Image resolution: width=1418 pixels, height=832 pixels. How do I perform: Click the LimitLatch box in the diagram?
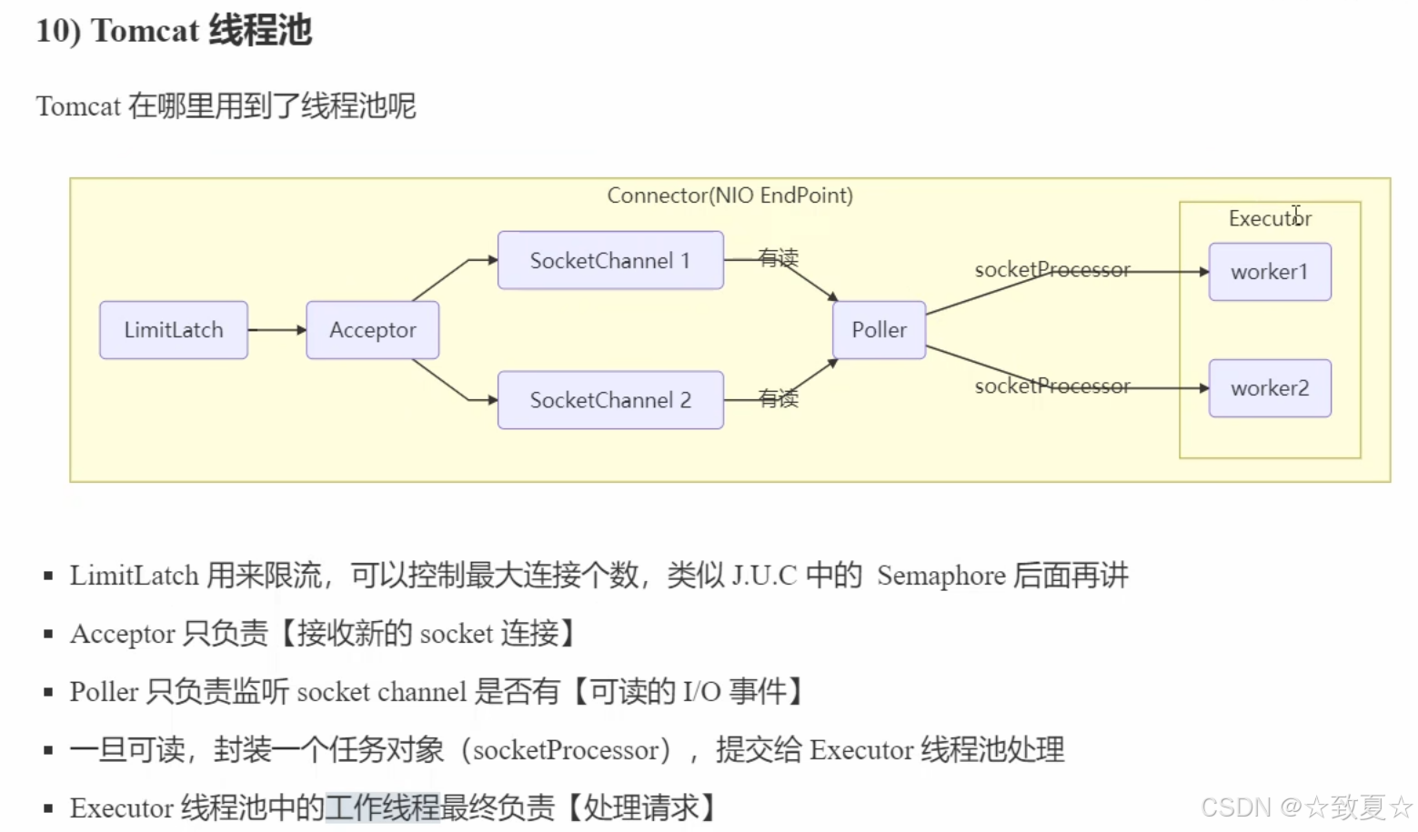pos(173,330)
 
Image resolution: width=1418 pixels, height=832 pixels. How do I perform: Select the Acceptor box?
pos(372,330)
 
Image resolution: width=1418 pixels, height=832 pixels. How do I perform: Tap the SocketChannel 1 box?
pos(610,261)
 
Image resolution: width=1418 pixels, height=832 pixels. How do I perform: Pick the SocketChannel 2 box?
pos(610,400)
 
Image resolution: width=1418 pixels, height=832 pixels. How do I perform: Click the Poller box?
pos(879,330)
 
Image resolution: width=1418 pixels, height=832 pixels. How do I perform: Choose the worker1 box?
pos(1269,272)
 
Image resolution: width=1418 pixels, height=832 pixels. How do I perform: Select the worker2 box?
pos(1269,388)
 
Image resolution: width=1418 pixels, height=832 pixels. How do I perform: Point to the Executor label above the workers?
pos(1270,218)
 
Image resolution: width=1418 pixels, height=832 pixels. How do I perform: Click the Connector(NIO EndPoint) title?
pos(729,195)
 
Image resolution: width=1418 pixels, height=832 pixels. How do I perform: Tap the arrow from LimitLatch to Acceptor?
pos(277,330)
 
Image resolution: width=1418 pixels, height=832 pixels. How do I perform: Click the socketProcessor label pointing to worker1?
pos(1052,270)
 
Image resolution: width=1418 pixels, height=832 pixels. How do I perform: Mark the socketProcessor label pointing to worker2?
pos(1052,386)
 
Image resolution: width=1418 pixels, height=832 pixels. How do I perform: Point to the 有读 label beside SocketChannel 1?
pos(779,258)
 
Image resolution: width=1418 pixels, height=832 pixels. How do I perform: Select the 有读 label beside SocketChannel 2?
pos(779,398)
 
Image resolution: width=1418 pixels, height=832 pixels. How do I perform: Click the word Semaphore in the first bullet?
pos(940,576)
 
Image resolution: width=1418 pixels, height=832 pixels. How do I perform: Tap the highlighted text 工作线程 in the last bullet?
pos(382,807)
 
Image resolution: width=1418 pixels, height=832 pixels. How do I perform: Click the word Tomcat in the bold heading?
pos(145,31)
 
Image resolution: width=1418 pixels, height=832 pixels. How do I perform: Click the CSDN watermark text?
pos(1235,807)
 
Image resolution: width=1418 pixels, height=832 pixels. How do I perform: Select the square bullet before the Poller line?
pos(48,692)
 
